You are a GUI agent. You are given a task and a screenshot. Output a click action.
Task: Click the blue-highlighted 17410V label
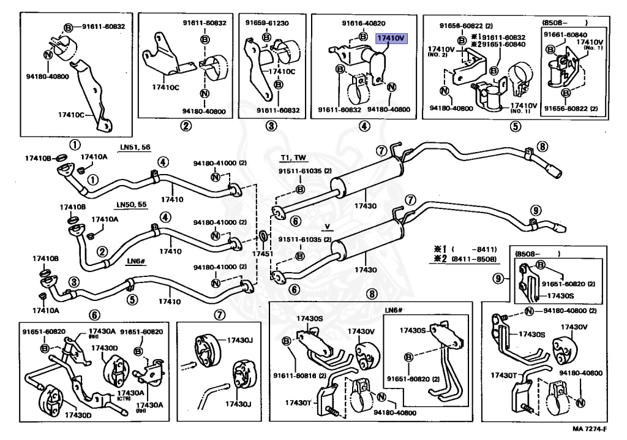(391, 38)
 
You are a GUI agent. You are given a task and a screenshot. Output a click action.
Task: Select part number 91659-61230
(267, 23)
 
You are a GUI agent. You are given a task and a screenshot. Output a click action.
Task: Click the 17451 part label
(262, 253)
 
